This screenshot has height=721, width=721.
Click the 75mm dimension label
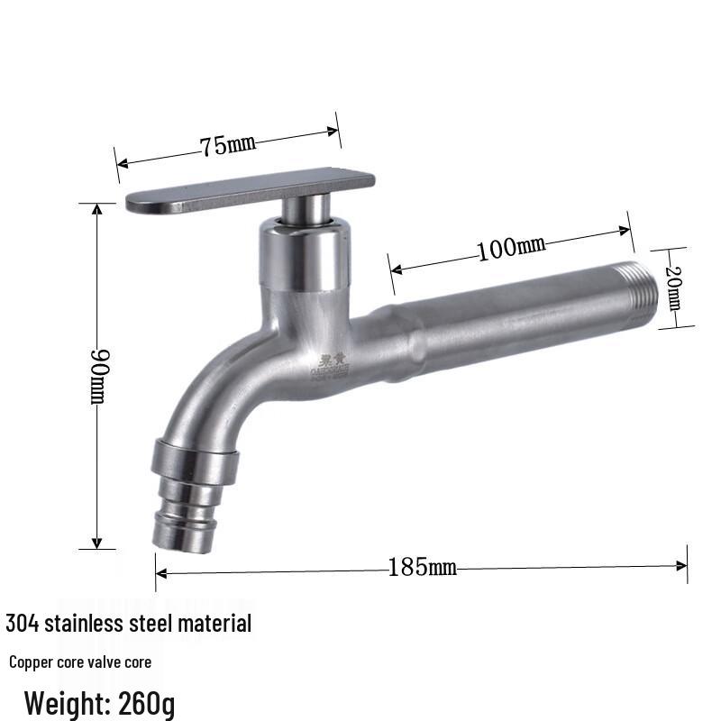(228, 144)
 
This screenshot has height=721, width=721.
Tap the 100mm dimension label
(511, 247)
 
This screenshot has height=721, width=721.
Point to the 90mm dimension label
(98, 376)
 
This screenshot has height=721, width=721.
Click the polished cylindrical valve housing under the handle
(303, 257)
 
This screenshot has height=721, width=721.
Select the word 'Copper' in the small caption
(29, 662)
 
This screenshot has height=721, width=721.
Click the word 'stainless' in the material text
(81, 623)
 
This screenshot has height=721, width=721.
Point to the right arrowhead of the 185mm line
(682, 566)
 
